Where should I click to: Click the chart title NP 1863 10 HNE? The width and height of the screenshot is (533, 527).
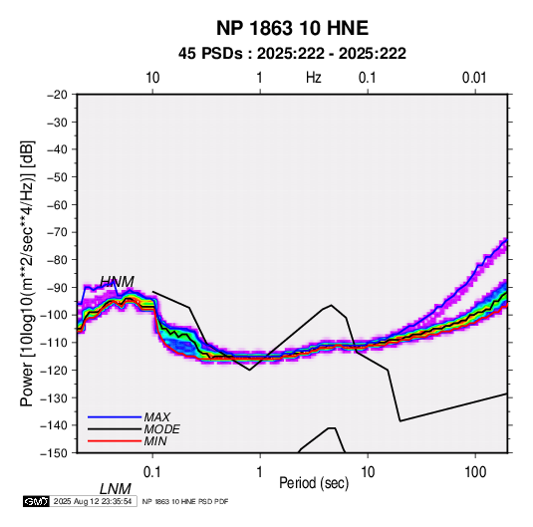292,28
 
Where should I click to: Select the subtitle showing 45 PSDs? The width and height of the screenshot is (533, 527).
292,54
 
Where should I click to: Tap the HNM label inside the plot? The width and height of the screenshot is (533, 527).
117,282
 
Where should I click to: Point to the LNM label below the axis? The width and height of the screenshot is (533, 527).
116,489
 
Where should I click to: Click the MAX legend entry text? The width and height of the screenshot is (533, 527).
157,416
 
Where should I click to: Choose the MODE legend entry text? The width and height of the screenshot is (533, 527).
161,429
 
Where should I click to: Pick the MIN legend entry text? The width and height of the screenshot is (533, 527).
155,441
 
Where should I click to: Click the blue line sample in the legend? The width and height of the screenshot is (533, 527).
115,417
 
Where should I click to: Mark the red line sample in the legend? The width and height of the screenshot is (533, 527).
115,441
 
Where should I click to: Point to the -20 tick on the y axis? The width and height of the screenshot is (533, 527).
57,95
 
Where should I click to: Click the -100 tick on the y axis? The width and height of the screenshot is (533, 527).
55,315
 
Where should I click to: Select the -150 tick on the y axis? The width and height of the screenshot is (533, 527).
55,453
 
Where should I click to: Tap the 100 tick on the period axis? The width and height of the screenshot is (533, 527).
475,472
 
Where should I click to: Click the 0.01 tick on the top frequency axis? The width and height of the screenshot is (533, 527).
474,78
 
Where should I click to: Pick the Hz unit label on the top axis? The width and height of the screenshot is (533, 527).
314,78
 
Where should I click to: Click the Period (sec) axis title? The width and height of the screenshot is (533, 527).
314,483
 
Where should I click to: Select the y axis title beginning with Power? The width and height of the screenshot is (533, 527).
27,274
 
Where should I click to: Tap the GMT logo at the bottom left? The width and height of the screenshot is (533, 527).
37,501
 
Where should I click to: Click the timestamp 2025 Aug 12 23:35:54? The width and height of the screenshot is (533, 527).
93,501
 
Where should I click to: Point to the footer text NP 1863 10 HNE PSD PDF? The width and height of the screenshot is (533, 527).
185,501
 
